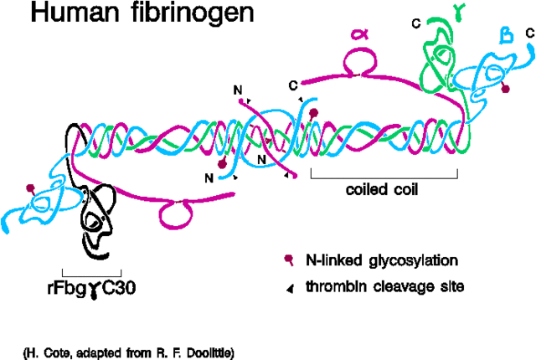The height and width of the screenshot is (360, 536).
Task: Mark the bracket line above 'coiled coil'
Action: pyautogui.click(x=384, y=177)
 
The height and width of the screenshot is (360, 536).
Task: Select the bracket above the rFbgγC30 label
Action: pyautogui.click(x=92, y=274)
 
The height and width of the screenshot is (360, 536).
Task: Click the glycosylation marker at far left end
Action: pyautogui.click(x=32, y=188)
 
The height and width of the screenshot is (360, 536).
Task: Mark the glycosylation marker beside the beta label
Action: pyautogui.click(x=505, y=86)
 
